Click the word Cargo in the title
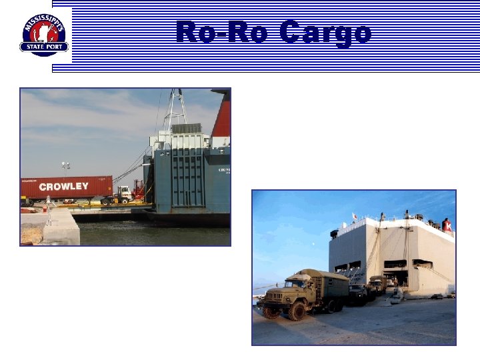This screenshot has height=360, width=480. coord(325,31)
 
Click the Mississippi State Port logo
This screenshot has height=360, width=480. coord(44,35)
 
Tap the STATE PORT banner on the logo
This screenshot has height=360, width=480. coord(44,47)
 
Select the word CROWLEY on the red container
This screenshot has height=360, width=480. coord(63,187)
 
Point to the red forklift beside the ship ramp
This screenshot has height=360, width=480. coord(138,191)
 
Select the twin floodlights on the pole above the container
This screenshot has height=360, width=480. coord(65,164)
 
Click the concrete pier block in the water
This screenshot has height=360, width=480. coord(61,228)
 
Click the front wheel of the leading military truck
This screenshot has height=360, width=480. coord(297,311)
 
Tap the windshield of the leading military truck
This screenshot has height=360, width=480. coord(285,283)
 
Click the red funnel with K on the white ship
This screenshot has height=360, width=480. coord(447,225)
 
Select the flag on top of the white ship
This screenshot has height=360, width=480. coord(353,215)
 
